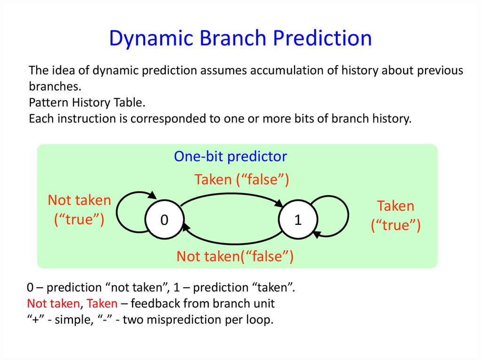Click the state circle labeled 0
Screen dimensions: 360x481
point(164,220)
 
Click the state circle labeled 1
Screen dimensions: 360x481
point(297,220)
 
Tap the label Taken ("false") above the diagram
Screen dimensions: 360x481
point(241,179)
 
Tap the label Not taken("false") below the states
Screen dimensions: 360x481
point(235,256)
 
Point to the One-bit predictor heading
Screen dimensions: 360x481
point(230,156)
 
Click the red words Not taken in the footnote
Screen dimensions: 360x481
point(53,303)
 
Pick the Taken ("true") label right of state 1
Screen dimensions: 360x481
point(396,216)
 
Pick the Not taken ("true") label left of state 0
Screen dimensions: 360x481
point(79,210)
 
